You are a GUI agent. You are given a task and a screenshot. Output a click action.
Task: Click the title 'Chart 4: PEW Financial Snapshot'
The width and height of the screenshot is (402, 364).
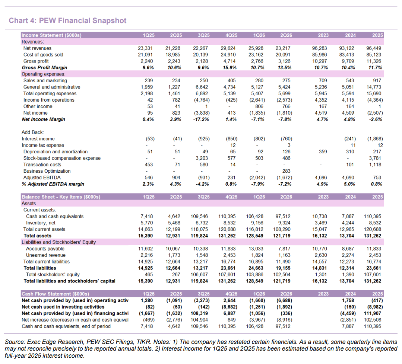[67, 20]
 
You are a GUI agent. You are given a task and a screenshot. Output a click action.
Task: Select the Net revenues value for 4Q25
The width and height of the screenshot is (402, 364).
[228, 48]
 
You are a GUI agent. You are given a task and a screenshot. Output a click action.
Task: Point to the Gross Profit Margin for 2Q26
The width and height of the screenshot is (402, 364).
[285, 68]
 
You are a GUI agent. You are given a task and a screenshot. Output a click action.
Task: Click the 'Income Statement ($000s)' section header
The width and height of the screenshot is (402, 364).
[51, 35]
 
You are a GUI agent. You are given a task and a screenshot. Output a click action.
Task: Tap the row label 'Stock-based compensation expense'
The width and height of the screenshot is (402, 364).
[62, 158]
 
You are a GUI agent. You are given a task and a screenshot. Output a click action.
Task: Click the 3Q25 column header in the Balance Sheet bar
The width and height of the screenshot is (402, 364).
[203, 197]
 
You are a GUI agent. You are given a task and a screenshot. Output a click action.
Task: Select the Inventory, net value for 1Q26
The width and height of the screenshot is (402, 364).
[256, 223]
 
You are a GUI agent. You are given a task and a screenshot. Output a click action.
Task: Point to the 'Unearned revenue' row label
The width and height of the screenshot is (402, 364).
[45, 255]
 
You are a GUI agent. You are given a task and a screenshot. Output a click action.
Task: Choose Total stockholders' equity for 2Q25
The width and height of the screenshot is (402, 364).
[176, 274]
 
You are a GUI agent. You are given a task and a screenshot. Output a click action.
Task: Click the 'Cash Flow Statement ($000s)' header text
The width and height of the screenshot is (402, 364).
[55, 294]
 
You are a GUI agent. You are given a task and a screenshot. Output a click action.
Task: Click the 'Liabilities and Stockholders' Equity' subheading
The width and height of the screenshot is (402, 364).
[59, 242]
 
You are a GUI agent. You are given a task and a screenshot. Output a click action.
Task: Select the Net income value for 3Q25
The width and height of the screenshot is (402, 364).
[201, 113]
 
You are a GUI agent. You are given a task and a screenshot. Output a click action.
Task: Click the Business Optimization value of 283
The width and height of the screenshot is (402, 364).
[286, 171]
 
